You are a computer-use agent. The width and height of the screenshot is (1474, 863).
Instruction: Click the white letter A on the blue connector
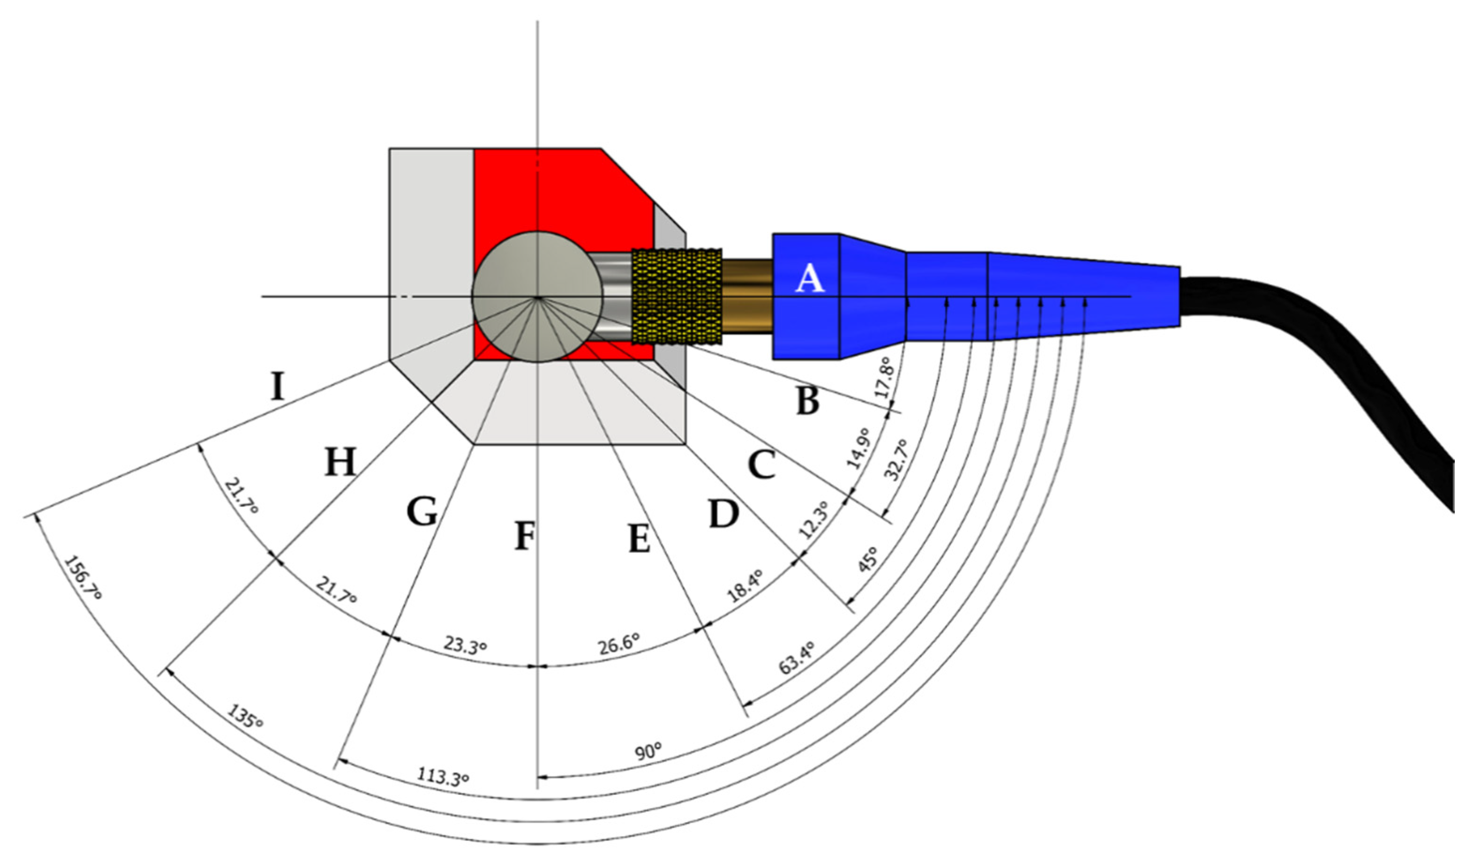[x=809, y=279]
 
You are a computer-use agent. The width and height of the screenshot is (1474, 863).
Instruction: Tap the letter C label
[x=762, y=465]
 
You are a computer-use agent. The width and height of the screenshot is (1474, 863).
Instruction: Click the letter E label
[x=639, y=538]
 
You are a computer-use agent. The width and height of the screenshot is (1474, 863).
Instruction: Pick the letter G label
[x=422, y=511]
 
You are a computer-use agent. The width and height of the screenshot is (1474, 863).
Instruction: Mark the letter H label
[x=340, y=462]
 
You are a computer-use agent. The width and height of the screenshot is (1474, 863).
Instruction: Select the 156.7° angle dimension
[x=83, y=578]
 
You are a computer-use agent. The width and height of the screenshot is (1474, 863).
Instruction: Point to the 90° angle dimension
[x=649, y=751]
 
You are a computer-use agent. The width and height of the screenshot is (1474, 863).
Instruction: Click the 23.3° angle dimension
[x=465, y=645]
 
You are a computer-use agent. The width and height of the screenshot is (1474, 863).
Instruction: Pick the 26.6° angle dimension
[x=618, y=644]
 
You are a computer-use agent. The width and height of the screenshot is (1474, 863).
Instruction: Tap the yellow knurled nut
[x=677, y=296]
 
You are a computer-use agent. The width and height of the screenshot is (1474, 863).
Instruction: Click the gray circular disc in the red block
[x=537, y=296]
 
